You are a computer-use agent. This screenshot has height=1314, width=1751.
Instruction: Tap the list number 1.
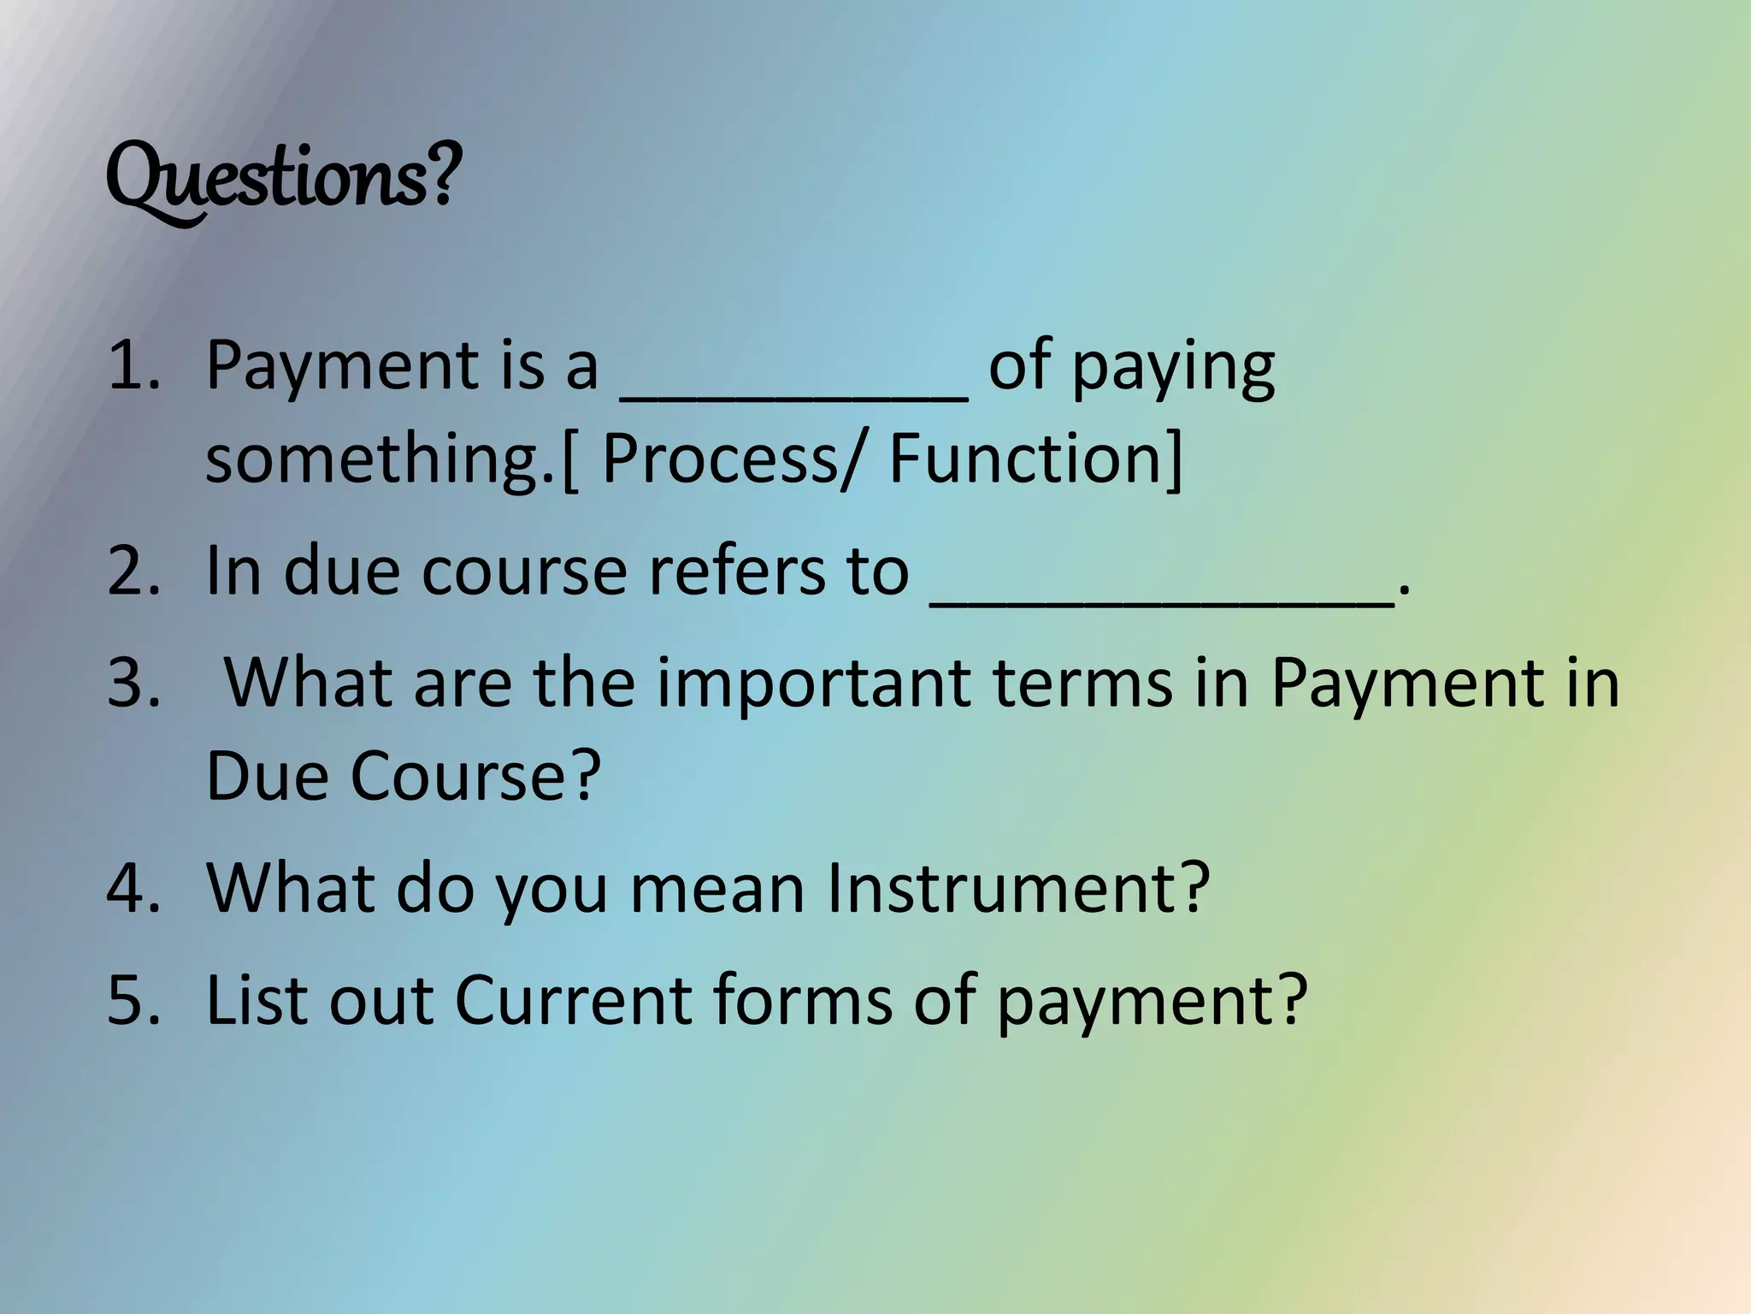point(133,366)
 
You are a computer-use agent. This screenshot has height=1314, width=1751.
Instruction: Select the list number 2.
point(133,571)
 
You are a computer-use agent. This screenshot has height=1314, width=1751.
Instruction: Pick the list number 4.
point(133,888)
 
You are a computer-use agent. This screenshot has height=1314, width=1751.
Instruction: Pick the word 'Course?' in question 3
point(475,775)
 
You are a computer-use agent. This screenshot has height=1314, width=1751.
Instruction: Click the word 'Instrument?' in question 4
point(1017,888)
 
